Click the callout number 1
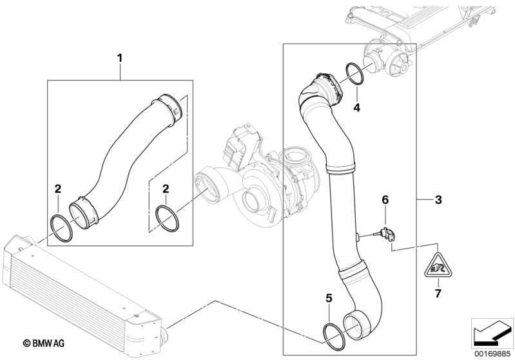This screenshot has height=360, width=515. point(119,59)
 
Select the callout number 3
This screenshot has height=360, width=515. point(438,200)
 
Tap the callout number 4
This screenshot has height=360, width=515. point(356,108)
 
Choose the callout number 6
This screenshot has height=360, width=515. point(385,200)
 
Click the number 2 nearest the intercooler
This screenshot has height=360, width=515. point(57,189)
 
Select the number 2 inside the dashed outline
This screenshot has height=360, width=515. point(166,189)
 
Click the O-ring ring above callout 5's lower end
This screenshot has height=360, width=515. point(333,332)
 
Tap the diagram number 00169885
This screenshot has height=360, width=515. point(492,352)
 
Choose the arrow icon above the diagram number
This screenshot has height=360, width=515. point(492,332)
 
